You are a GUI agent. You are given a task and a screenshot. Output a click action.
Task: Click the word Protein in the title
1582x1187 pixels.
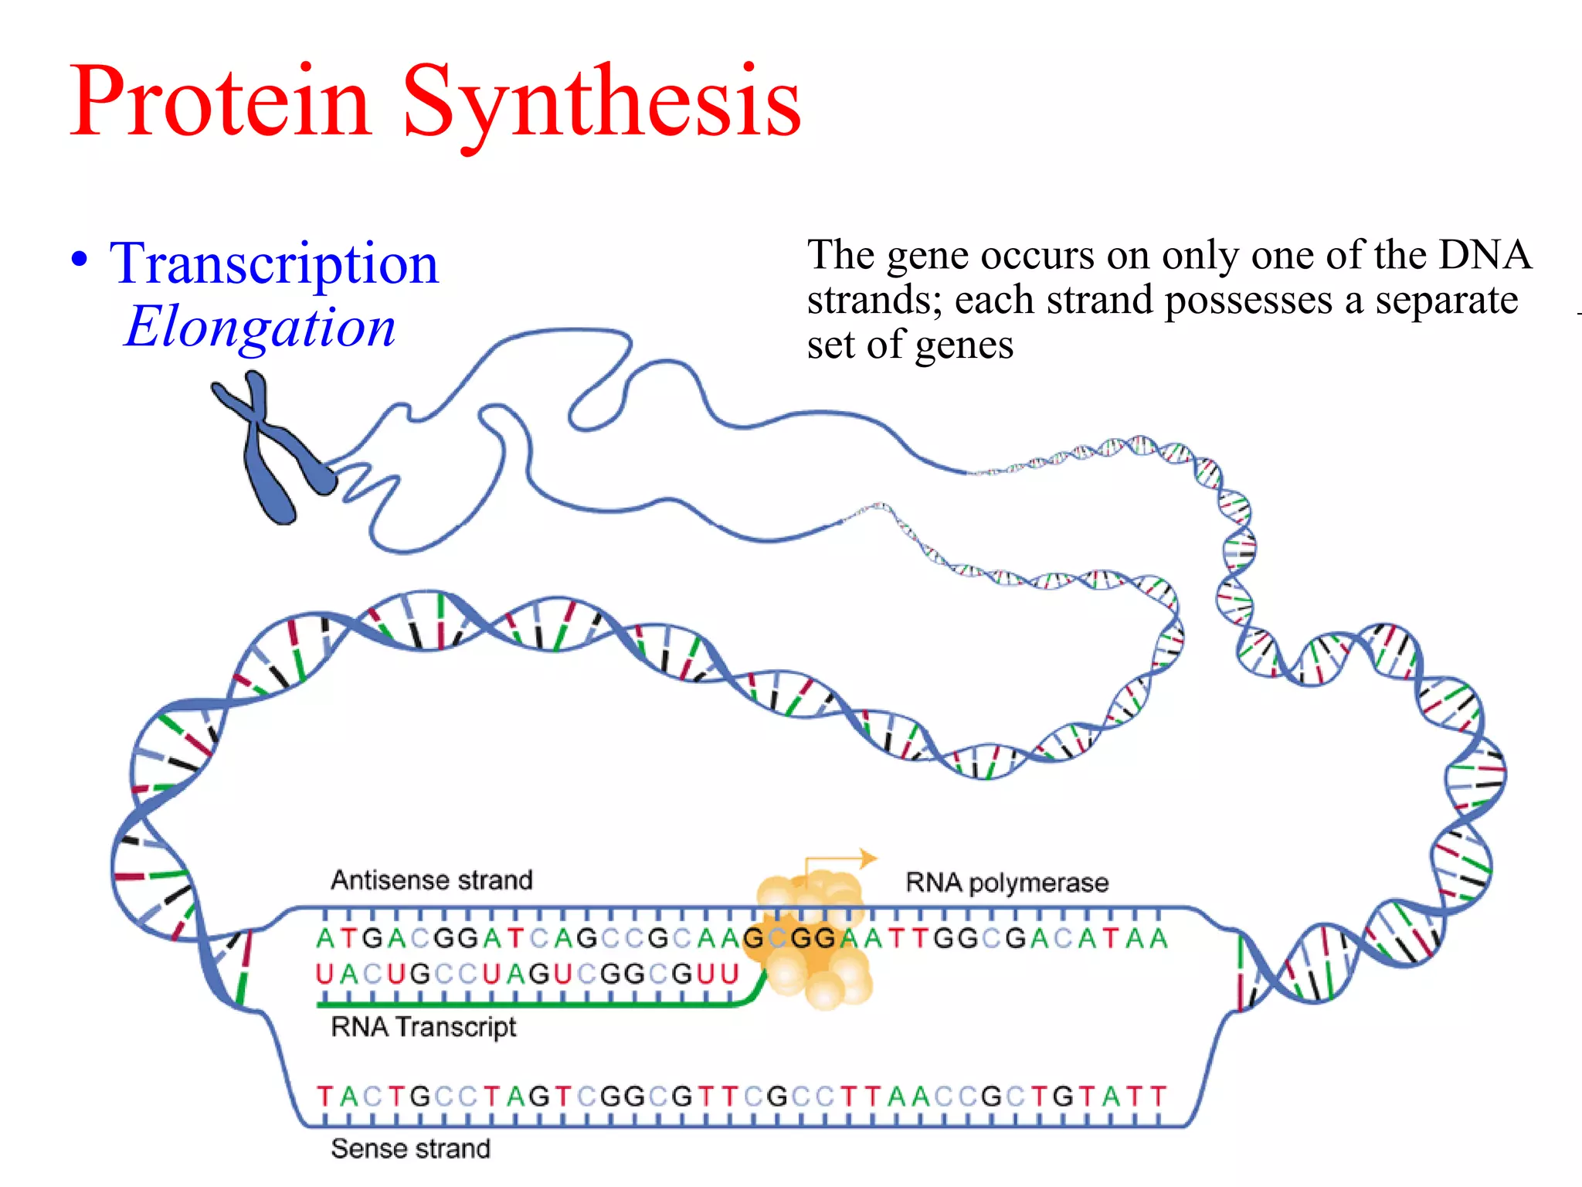click(x=220, y=103)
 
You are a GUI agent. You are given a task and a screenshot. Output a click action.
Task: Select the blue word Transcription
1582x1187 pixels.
click(x=273, y=264)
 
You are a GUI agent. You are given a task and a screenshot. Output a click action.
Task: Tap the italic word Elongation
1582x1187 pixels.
click(x=260, y=327)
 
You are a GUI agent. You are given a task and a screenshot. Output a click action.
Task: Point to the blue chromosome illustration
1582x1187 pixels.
click(x=270, y=448)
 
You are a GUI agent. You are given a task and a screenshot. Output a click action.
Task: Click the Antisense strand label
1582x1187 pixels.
click(x=432, y=880)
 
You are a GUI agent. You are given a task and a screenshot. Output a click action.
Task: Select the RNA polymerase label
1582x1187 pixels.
click(x=1007, y=883)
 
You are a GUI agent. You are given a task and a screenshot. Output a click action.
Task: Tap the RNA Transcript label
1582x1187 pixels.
click(x=423, y=1027)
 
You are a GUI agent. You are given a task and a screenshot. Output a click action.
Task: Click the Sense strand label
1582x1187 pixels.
click(x=410, y=1149)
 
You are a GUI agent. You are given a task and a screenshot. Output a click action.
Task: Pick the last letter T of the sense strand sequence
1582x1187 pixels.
click(x=1158, y=1097)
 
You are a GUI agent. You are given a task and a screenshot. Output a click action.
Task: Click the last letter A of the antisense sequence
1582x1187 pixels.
click(x=1158, y=939)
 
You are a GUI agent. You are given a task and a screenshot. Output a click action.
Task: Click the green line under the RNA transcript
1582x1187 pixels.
click(x=525, y=1005)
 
